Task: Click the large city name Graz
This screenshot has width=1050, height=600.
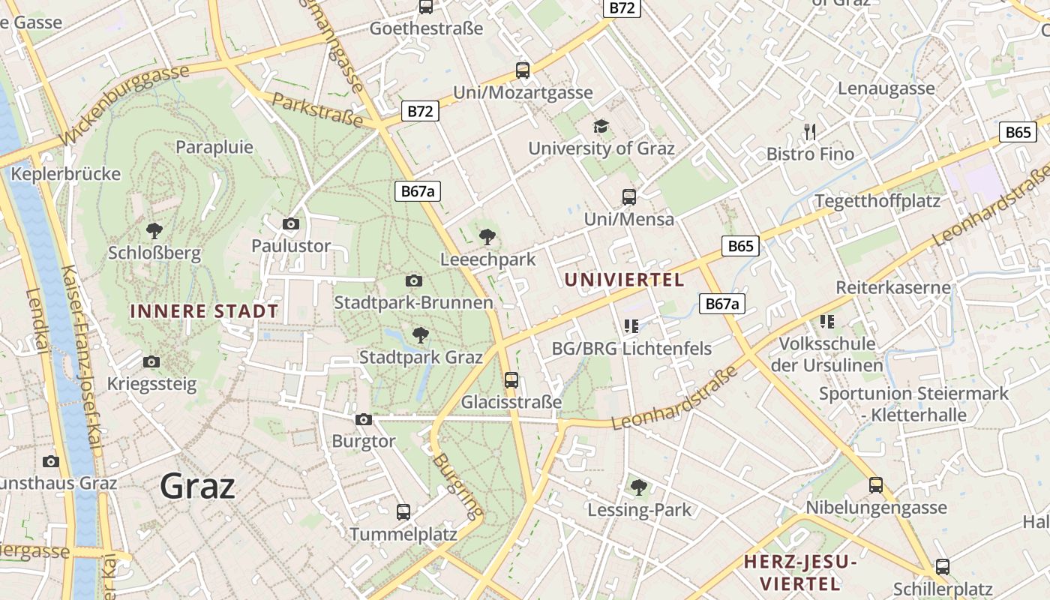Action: click(198, 486)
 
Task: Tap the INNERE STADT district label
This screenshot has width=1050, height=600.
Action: click(204, 311)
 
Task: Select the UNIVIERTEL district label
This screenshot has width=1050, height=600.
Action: click(624, 280)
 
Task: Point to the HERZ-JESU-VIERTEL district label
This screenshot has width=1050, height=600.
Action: click(799, 572)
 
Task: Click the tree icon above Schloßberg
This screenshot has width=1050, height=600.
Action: click(154, 230)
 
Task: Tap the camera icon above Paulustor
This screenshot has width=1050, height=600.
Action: click(291, 223)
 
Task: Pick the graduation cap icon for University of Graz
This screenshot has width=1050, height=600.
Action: click(601, 126)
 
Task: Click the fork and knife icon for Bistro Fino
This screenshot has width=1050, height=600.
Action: click(810, 132)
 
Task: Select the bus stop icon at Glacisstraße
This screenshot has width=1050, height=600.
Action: click(511, 379)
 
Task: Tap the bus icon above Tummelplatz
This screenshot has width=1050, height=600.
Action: click(403, 512)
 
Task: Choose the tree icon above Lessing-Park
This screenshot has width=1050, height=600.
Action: click(639, 487)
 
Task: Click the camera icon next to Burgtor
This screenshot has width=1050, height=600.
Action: click(364, 419)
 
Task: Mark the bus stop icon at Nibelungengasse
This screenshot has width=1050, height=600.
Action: click(876, 485)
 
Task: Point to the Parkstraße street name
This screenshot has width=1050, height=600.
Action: click(317, 109)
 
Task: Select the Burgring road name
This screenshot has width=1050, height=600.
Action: click(457, 486)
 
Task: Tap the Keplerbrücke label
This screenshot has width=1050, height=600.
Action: click(67, 174)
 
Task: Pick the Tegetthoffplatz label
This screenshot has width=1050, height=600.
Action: click(877, 201)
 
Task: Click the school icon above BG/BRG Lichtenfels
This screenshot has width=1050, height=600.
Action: click(631, 325)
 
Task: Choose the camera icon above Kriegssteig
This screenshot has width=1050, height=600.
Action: click(151, 362)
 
